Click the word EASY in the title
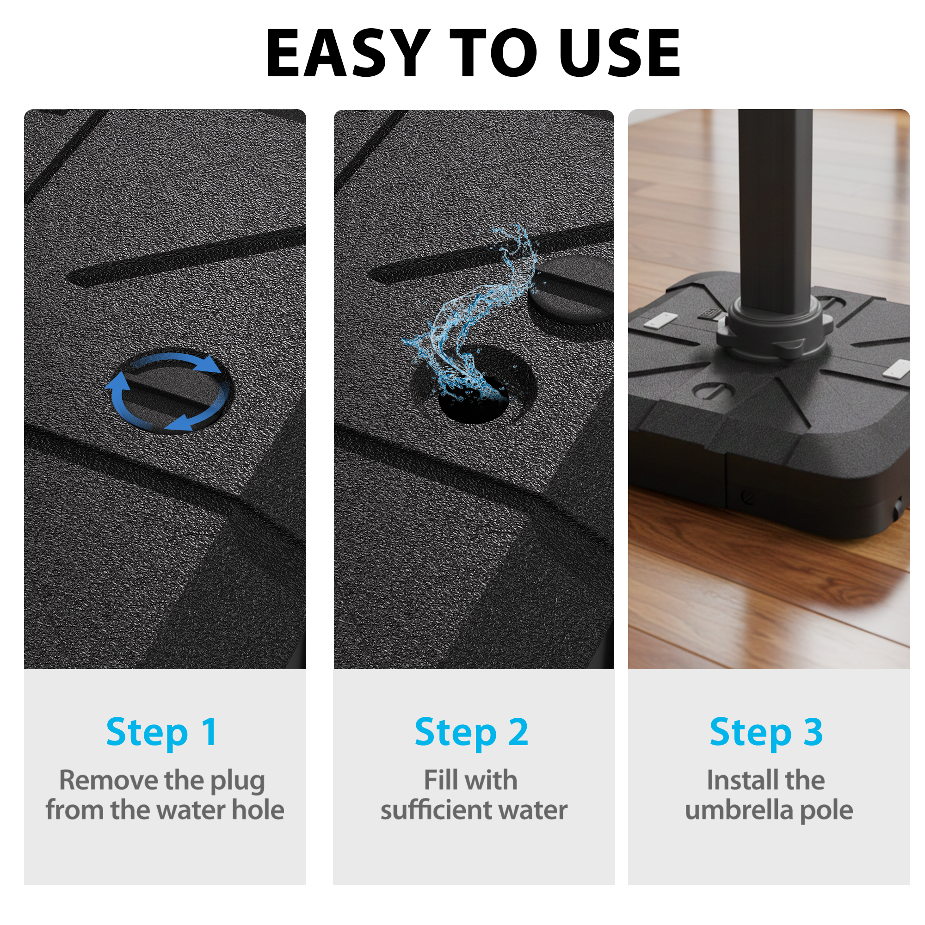pyautogui.click(x=348, y=53)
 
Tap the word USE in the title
pyautogui.click(x=619, y=53)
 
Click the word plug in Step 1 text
pyautogui.click(x=237, y=782)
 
